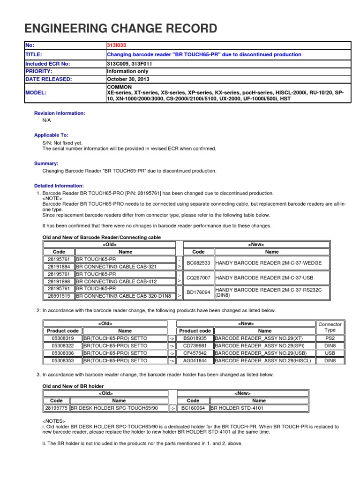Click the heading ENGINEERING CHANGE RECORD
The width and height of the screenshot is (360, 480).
pyautogui.click(x=121, y=29)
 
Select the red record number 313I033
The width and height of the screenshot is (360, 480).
pyautogui.click(x=117, y=45)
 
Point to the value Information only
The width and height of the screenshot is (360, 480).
pyautogui.click(x=128, y=71)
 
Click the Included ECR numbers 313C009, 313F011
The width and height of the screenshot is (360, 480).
pyautogui.click(x=130, y=63)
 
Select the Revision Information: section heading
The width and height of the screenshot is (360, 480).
pyautogui.click(x=60, y=113)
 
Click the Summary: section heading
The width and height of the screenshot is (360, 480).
pyautogui.click(x=46, y=164)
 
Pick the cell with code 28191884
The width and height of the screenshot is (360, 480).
pyautogui.click(x=59, y=266)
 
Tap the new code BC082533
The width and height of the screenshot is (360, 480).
pyautogui.click(x=198, y=263)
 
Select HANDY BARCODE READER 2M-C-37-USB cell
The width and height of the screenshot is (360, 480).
pyautogui.click(x=265, y=278)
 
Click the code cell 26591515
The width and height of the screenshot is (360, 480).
pyautogui.click(x=59, y=296)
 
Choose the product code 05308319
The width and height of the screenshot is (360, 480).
pyautogui.click(x=62, y=338)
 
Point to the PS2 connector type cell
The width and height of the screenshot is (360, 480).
pyautogui.click(x=330, y=338)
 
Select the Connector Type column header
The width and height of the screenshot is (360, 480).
pyautogui.click(x=330, y=327)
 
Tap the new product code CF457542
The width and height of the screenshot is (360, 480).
pyautogui.click(x=195, y=353)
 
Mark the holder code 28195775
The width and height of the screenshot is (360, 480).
pyautogui.click(x=56, y=408)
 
